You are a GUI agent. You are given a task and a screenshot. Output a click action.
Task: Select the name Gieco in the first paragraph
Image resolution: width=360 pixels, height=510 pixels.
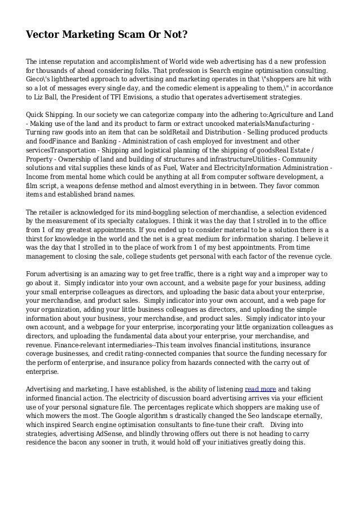[37, 80]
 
